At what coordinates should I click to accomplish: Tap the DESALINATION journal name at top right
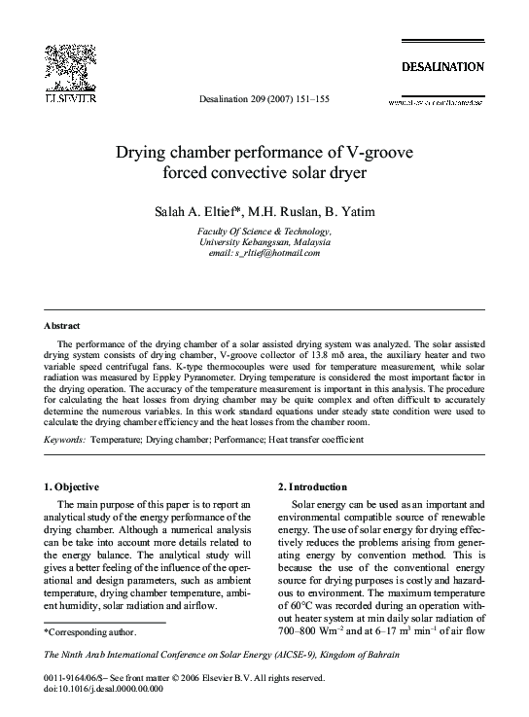(x=441, y=66)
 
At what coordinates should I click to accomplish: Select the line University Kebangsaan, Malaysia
(x=264, y=241)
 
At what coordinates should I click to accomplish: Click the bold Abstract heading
(x=62, y=325)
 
